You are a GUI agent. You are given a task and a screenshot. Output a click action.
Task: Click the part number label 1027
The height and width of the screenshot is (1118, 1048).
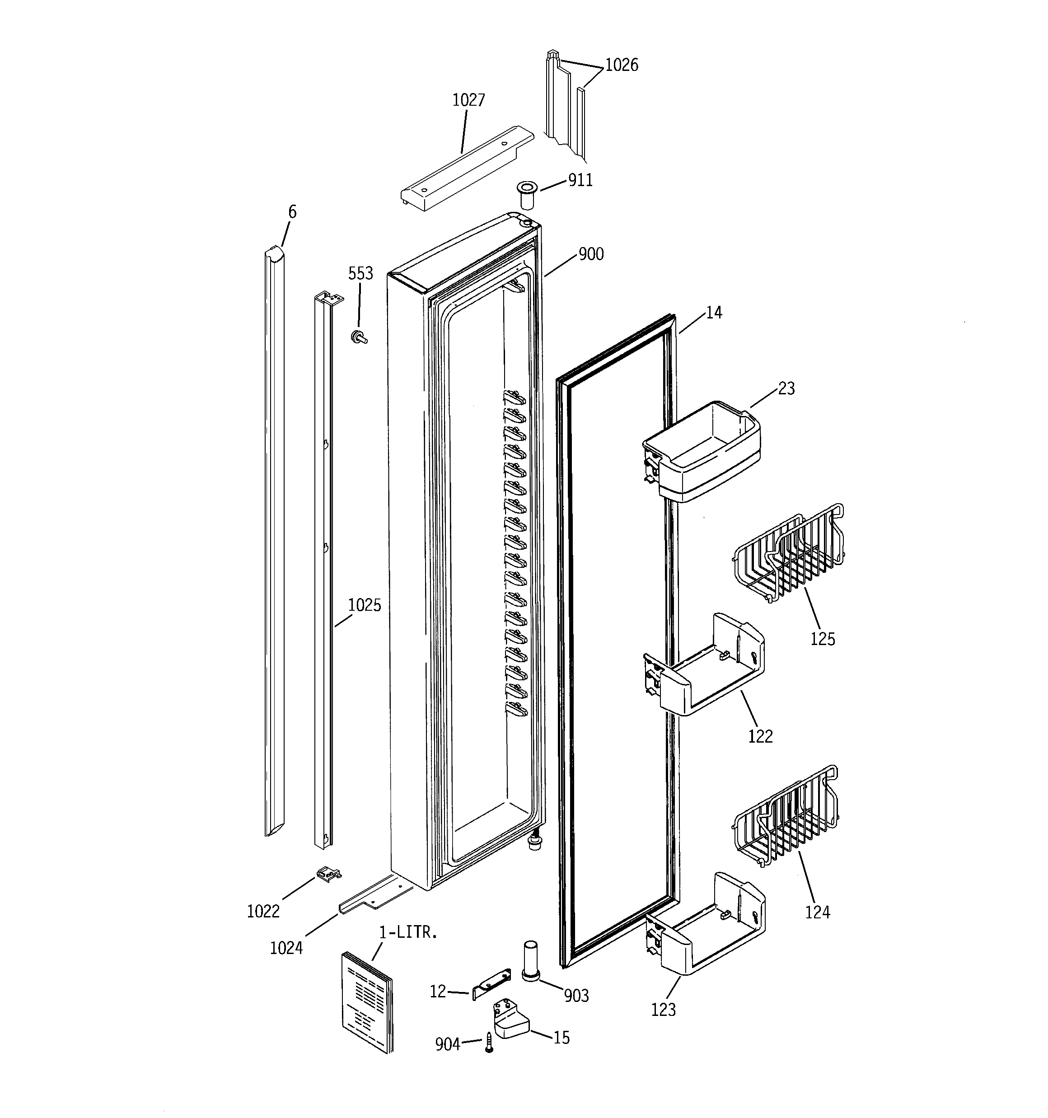click(x=468, y=100)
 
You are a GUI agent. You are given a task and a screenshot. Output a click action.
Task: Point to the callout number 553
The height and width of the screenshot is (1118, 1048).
click(x=360, y=273)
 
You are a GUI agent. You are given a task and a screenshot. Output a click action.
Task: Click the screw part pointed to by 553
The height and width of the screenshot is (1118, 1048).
click(x=358, y=337)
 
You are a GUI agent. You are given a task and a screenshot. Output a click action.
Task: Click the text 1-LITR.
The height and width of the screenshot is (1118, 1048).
click(x=408, y=932)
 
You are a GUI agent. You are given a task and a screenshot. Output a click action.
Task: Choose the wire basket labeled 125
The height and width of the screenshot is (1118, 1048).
click(x=789, y=554)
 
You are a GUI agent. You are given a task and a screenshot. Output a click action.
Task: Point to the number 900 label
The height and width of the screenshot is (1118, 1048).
click(x=591, y=254)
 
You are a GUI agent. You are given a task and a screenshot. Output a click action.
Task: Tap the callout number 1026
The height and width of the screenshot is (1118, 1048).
click(x=622, y=65)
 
